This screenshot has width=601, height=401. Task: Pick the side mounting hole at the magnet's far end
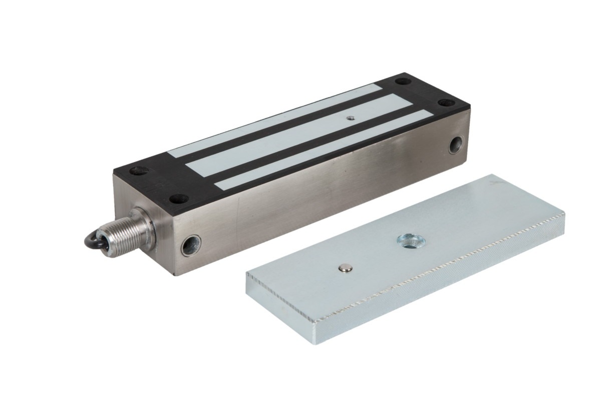456,145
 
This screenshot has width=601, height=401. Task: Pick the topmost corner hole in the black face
402,81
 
